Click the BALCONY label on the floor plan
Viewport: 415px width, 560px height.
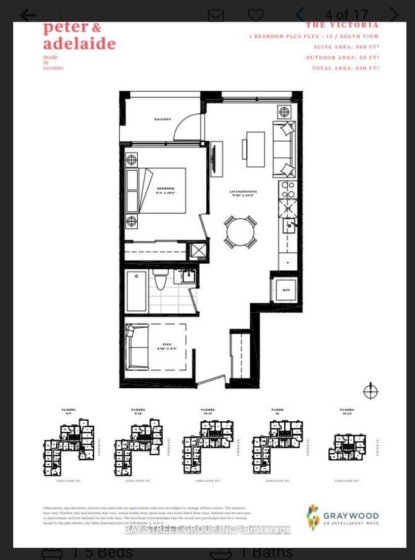tap(163, 119)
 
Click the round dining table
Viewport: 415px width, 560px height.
tap(241, 232)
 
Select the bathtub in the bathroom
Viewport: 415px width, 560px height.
tap(137, 291)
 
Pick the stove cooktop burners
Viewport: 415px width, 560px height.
tap(288, 190)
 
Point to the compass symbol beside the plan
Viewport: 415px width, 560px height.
tap(371, 391)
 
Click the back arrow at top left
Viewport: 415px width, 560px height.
tap(28, 15)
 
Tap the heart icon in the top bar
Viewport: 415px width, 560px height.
tap(256, 15)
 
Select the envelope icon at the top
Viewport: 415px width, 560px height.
tap(216, 15)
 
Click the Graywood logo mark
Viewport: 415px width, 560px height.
tap(313, 516)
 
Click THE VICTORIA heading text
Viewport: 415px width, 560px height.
tap(342, 25)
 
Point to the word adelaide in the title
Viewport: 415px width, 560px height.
tap(80, 43)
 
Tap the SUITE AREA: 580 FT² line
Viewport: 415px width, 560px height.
tap(346, 47)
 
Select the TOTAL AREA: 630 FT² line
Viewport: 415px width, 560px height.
tap(345, 68)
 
